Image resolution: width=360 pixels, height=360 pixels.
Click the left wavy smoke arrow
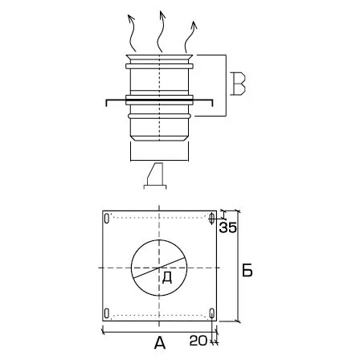pos(131,34)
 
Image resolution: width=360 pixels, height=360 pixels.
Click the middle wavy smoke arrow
pos(161,31)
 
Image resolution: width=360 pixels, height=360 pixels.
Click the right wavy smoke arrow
pos(190,37)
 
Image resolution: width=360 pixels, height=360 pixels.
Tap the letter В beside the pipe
pos(238,84)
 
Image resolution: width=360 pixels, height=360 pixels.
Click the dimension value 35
pos(228,227)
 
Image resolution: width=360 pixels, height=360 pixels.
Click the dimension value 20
pos(198,341)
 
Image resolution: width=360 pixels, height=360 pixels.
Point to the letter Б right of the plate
pos(247,270)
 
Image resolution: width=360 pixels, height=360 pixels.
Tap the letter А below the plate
pos(160,343)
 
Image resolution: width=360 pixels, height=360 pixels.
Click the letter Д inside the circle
pos(167,278)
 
